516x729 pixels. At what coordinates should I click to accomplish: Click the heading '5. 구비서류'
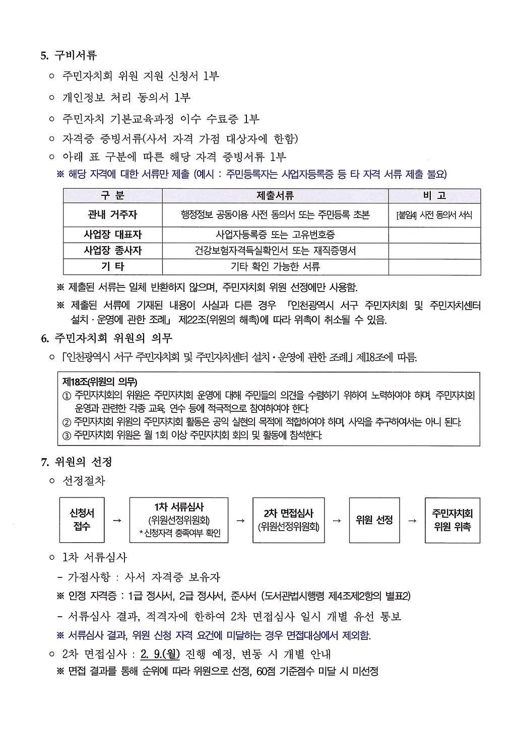(x=69, y=55)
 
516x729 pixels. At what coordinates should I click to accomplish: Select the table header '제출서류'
(x=275, y=195)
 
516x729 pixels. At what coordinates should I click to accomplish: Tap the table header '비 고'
(x=434, y=195)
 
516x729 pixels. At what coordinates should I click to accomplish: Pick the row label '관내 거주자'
(x=112, y=215)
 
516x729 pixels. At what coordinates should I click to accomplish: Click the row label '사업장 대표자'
(x=112, y=235)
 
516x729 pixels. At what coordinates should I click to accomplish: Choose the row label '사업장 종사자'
(x=112, y=250)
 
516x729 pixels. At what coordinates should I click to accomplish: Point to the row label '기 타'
(x=112, y=266)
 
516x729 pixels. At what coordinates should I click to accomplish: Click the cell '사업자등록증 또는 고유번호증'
(x=275, y=235)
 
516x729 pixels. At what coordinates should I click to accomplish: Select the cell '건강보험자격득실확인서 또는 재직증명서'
(x=275, y=250)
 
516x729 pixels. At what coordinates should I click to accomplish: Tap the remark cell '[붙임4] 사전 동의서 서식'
(x=434, y=215)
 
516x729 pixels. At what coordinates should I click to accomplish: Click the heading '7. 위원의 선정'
(x=76, y=461)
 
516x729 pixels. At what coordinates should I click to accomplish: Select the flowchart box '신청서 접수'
(x=82, y=520)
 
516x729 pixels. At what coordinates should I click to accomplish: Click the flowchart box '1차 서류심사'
(x=179, y=520)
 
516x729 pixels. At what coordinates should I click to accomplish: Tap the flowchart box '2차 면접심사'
(x=288, y=520)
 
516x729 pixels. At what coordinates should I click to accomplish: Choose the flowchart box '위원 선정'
(x=374, y=520)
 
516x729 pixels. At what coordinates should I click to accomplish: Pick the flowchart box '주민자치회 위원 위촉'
(x=452, y=520)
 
